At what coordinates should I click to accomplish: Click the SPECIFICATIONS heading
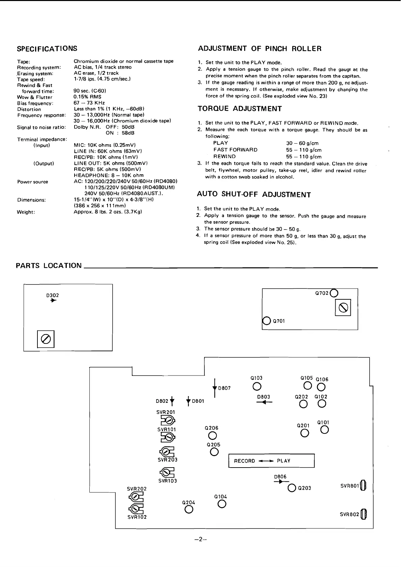47,49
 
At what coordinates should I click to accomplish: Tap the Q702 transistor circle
334,293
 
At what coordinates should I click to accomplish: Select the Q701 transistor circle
266,321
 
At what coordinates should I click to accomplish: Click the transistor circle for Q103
257,386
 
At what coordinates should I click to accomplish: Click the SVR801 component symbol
363,486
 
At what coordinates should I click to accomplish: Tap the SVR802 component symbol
363,514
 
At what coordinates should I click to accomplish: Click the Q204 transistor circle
189,510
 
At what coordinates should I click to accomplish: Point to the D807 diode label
225,388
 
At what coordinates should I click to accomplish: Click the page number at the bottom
200,539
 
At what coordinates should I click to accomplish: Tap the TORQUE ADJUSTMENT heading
239,109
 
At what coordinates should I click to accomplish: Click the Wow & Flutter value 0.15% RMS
87,97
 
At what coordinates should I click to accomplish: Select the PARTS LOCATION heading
49,266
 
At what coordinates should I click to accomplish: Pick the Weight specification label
26,212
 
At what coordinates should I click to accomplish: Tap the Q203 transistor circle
292,488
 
